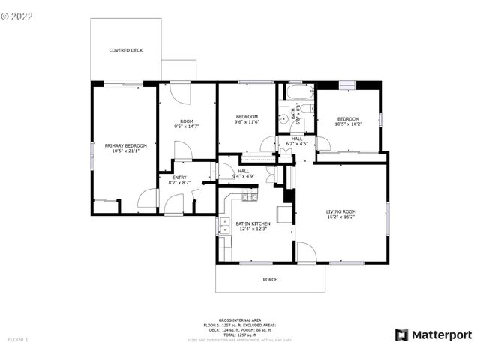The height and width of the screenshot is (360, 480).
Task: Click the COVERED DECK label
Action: [125, 51]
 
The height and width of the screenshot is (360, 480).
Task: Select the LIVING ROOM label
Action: [340, 212]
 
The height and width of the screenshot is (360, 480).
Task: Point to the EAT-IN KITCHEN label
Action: [253, 223]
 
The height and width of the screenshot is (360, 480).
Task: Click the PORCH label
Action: [270, 280]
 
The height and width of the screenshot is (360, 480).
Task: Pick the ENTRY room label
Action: [180, 177]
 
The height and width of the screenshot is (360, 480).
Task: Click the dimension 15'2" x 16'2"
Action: [340, 218]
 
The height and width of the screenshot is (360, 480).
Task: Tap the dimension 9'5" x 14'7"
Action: [187, 127]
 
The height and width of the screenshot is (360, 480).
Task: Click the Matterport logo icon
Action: [402, 335]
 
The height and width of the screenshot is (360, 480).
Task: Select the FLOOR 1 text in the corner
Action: [17, 340]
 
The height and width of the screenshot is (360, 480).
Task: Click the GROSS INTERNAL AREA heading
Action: [240, 319]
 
